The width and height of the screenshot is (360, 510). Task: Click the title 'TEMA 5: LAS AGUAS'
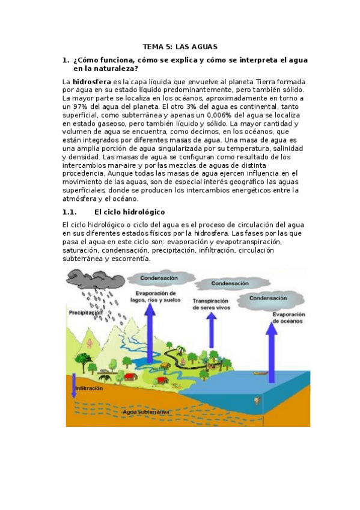180,46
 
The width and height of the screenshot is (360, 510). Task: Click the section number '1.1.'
70,212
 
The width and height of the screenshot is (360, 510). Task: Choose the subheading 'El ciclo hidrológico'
130,212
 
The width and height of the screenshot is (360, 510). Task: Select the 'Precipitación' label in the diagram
85,313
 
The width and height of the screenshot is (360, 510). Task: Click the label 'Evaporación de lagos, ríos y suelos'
159,297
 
